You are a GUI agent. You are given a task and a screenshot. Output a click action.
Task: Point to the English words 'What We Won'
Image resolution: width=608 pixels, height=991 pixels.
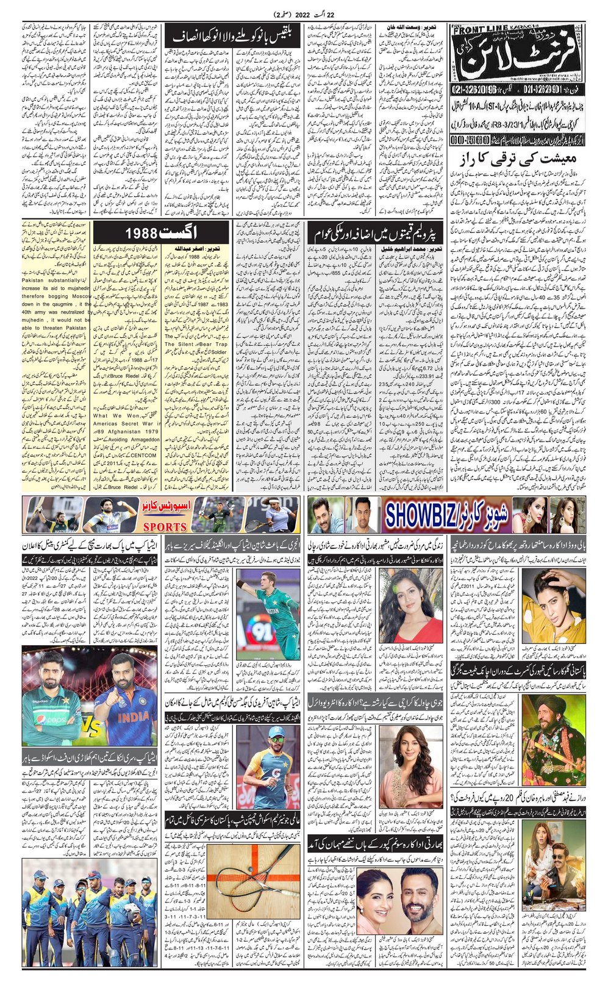(x=116, y=416)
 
